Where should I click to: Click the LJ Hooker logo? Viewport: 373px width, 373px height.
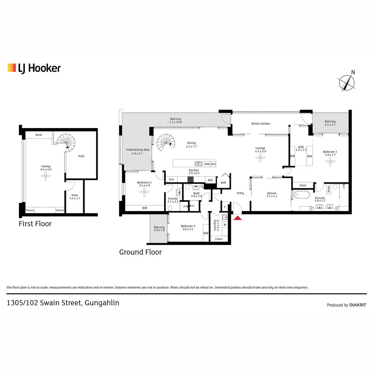(x=34, y=68)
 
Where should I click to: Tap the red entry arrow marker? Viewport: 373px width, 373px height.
(x=238, y=218)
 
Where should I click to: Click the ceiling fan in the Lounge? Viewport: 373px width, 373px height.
(x=260, y=158)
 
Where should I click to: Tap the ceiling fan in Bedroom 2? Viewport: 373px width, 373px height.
(x=144, y=193)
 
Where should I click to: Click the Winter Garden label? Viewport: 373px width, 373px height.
(x=261, y=124)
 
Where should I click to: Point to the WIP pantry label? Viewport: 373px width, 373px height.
(x=223, y=183)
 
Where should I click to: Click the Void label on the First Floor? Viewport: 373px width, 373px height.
(x=81, y=156)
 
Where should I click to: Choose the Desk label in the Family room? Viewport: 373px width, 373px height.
(x=39, y=135)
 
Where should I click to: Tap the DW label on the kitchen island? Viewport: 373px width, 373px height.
(x=207, y=164)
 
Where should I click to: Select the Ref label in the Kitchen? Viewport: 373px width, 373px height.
(x=210, y=180)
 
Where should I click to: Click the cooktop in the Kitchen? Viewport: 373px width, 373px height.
(x=191, y=179)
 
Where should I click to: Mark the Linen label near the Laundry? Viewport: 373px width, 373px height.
(x=219, y=239)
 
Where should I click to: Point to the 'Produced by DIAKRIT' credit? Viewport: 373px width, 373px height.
(x=346, y=305)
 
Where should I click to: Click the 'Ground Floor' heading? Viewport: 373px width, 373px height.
(x=140, y=252)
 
